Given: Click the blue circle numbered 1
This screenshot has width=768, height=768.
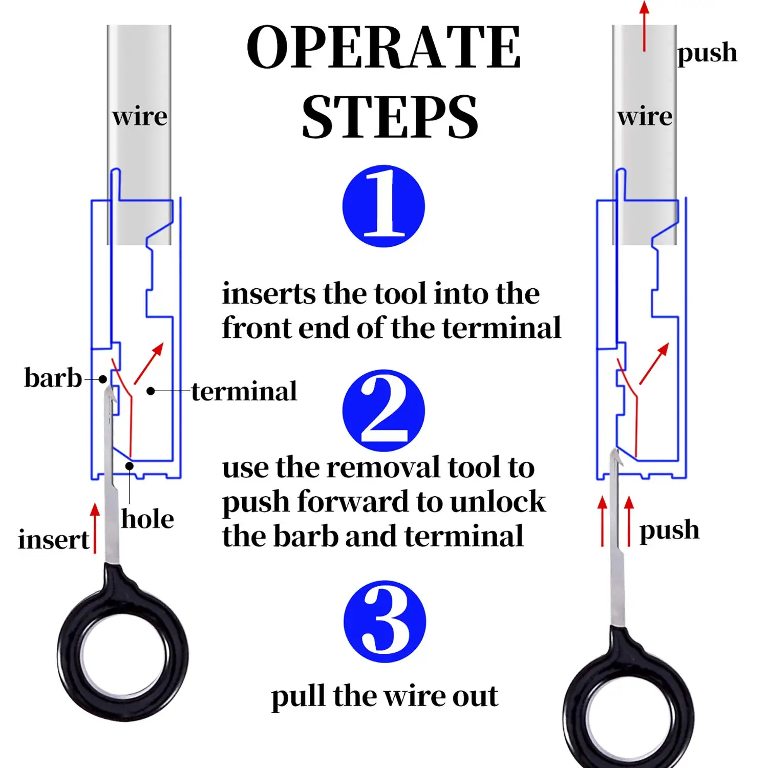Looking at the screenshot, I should coord(383,206).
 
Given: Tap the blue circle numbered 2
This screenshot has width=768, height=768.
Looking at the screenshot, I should coord(383,410).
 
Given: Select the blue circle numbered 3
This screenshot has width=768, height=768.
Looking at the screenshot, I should coord(385,621).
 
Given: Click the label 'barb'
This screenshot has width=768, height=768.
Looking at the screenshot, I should coord(53,378).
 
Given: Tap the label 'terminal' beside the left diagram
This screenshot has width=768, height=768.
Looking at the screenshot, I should coord(244,392).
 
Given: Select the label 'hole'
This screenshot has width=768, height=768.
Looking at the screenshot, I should coord(147,519).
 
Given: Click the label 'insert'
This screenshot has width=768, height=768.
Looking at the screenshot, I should coord(54,540).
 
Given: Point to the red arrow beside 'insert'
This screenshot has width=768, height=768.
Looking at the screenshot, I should coord(95,527).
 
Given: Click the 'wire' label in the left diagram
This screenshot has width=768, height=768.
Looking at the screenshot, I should coord(140,116).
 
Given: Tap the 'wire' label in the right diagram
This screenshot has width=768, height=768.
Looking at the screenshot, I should coord(645,116).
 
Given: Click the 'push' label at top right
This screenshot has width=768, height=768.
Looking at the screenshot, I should coord(707,53).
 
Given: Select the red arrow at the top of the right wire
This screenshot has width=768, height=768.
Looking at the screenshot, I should coord(644,26).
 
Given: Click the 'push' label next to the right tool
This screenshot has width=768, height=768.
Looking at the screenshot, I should coord(669,530).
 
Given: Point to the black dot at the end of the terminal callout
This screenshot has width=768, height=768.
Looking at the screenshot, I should coord(151,391).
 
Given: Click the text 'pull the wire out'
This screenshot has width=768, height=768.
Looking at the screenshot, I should coord(385,696).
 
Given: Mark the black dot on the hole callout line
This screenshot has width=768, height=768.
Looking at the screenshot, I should coord(130,466).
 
